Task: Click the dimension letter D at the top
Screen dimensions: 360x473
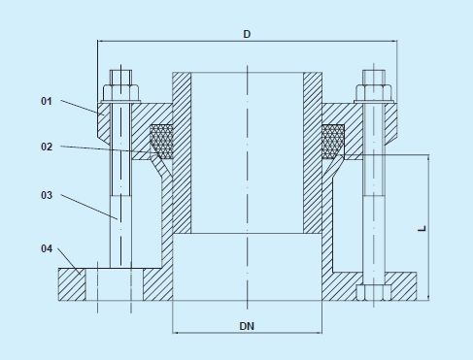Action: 248,34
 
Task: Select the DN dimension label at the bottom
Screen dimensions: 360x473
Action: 247,327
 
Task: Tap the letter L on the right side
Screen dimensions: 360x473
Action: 421,228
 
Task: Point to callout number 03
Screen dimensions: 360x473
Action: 46,195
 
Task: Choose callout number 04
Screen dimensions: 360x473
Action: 46,249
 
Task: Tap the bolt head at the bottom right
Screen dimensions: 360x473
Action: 373,292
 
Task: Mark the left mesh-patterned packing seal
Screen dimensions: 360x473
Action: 161,142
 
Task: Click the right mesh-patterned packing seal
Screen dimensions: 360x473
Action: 333,142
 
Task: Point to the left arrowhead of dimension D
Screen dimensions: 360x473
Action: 101,42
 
